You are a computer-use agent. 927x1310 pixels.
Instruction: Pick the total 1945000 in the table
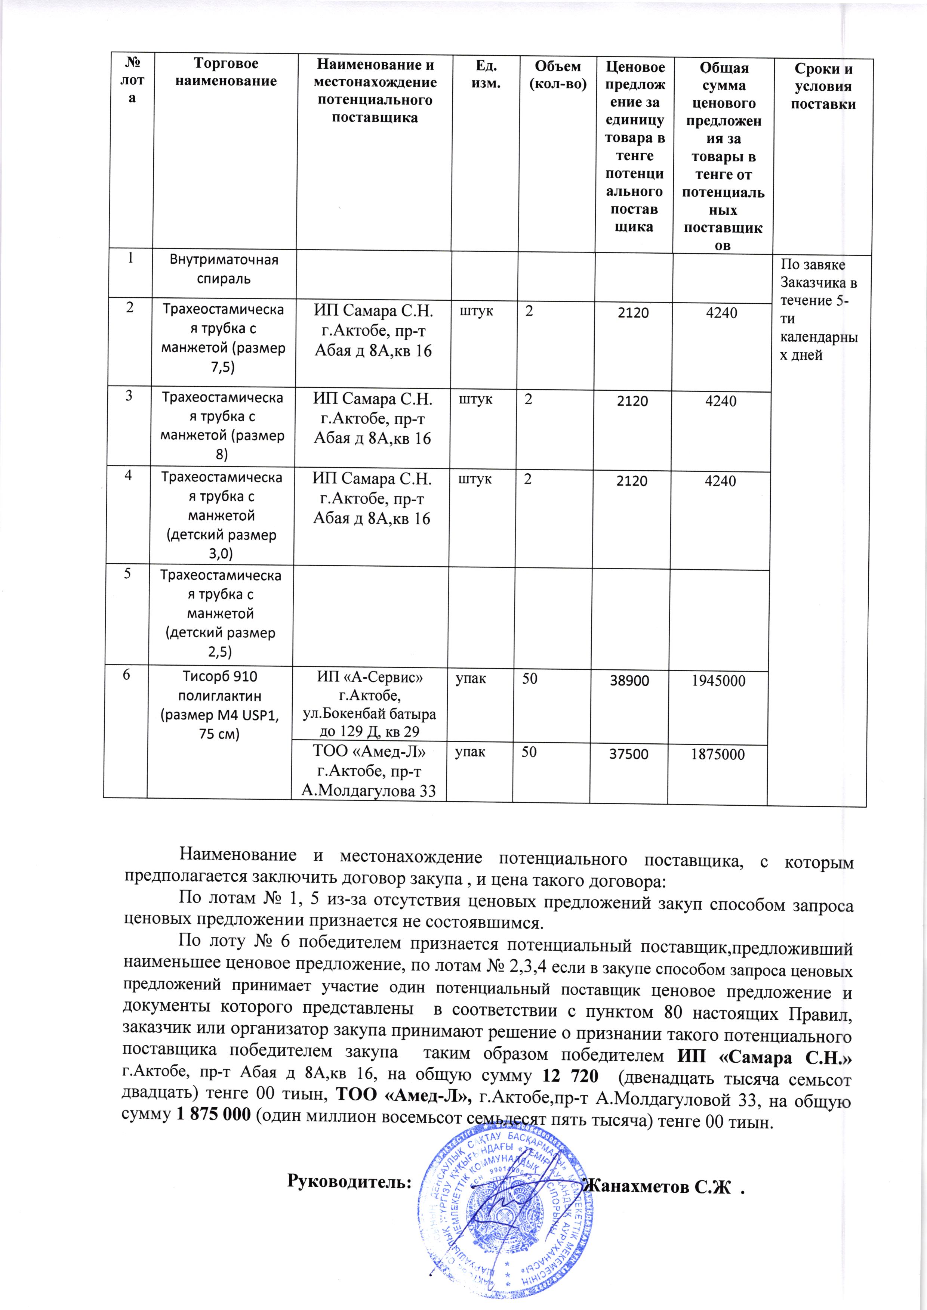(x=719, y=681)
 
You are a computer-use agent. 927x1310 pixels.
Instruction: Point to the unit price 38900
(x=629, y=681)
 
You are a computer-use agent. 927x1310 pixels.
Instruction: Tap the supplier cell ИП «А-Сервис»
(x=370, y=704)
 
